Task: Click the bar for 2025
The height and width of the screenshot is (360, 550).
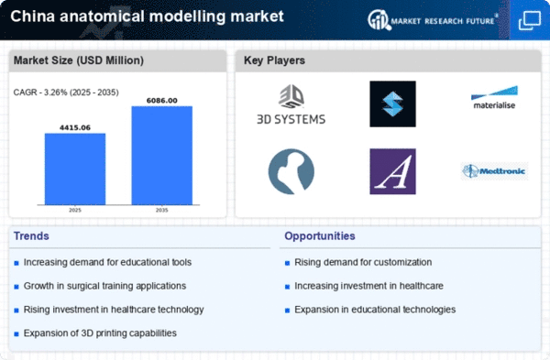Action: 75,169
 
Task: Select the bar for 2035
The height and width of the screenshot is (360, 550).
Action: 161,156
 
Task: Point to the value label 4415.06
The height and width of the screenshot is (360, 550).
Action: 75,127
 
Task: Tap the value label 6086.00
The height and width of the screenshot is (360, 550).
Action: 161,101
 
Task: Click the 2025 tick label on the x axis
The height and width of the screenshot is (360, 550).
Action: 75,210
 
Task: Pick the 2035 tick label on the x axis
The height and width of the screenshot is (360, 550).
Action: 161,210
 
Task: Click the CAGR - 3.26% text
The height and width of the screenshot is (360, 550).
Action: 66,93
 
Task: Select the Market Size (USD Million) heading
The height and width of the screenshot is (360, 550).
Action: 79,60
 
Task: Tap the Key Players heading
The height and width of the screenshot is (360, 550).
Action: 274,60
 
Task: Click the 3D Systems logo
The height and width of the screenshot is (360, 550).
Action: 291,104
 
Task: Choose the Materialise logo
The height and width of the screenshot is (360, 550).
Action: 494,97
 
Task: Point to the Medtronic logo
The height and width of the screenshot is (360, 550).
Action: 494,171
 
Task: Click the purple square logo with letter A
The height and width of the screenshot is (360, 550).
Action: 393,171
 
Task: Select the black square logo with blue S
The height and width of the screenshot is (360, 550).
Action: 393,104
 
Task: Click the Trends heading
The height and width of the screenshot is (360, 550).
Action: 31,236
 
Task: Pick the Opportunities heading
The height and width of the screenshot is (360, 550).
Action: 320,236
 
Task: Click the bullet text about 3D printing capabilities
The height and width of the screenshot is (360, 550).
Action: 100,333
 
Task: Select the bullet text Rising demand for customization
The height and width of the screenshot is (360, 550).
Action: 363,262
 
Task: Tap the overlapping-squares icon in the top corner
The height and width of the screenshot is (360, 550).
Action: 530,20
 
